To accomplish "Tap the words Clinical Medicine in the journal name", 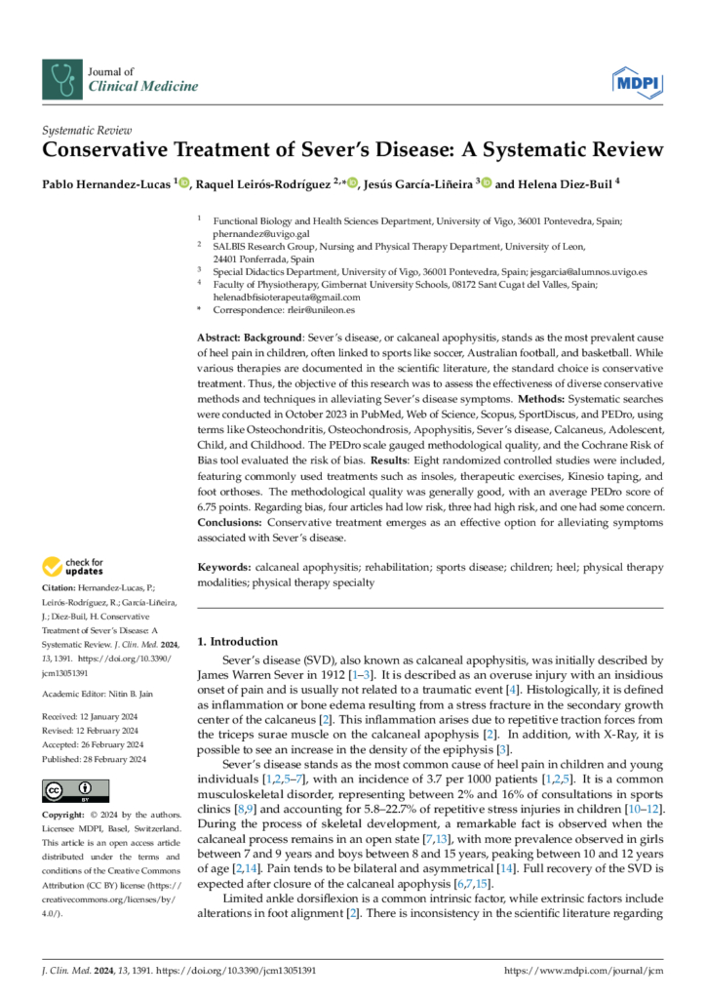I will (x=143, y=87).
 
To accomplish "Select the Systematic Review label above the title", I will (x=87, y=130).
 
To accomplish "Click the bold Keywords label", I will (x=223, y=567).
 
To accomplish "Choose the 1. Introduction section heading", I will (x=237, y=642).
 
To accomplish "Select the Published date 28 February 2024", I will (x=95, y=759).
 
